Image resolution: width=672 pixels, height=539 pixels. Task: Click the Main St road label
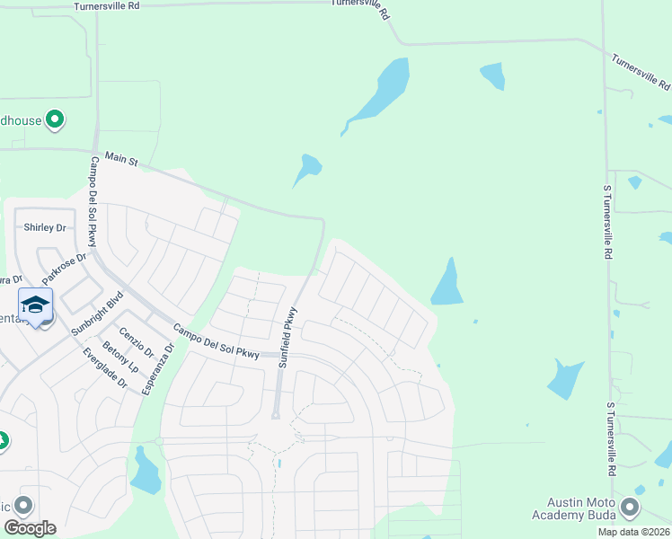click(x=121, y=158)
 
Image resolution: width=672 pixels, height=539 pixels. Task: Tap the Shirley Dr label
click(x=45, y=227)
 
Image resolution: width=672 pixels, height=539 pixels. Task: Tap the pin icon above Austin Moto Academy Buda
click(x=632, y=508)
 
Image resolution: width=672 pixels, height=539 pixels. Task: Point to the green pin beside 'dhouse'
click(x=55, y=119)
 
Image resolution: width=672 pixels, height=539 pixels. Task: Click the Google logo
click(x=29, y=528)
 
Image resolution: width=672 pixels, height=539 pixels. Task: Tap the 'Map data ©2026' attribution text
click(x=633, y=532)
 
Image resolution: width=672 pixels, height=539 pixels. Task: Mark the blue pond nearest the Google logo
click(x=145, y=472)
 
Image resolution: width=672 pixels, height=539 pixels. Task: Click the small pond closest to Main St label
click(x=308, y=168)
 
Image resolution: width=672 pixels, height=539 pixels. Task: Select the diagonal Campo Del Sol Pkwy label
click(x=216, y=341)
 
